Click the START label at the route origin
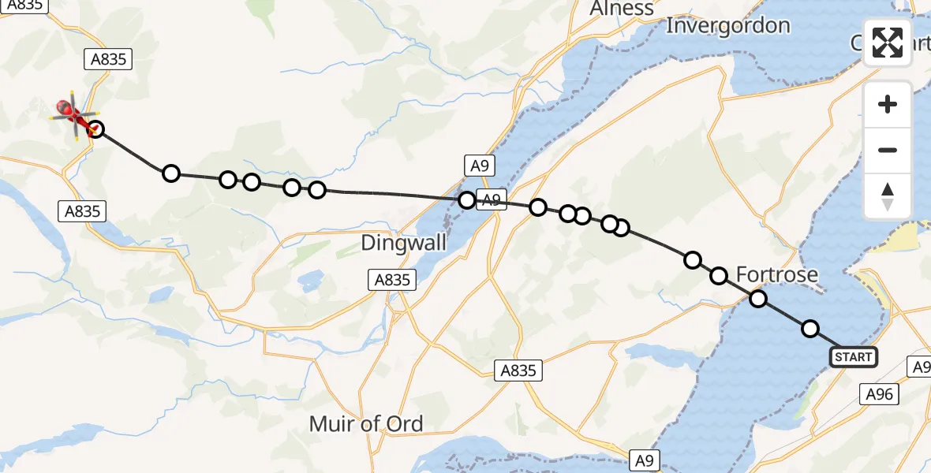tap(853, 357)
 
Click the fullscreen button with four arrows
tap(888, 43)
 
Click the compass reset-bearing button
tap(888, 196)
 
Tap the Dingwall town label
tap(404, 243)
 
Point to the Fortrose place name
tap(776, 274)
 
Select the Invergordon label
tap(727, 26)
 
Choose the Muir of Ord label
tap(366, 423)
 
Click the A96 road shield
tap(879, 394)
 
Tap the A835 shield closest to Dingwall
tap(391, 279)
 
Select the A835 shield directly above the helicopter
tap(108, 59)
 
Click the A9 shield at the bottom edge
tap(643, 460)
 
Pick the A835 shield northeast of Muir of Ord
tap(519, 371)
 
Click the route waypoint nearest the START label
tap(810, 329)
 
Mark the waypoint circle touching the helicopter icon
tap(95, 129)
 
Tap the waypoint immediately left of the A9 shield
tap(467, 200)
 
